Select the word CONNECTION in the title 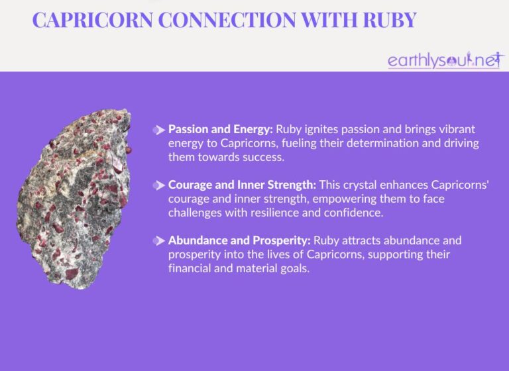[231, 20]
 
